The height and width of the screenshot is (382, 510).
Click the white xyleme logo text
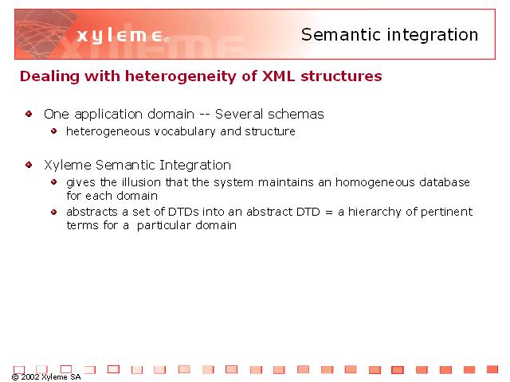120,35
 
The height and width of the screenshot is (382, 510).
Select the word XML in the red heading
278,76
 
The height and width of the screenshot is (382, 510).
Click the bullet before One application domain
29,114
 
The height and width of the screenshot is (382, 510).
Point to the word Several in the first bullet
239,114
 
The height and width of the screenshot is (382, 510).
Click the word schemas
296,114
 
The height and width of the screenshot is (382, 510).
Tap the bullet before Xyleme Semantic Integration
29,165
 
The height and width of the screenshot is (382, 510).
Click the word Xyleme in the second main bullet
68,165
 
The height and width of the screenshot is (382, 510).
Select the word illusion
142,182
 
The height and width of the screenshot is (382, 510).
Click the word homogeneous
375,182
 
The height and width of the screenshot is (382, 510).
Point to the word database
445,182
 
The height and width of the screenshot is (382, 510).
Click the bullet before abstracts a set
54,212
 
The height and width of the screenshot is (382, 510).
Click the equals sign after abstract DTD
329,212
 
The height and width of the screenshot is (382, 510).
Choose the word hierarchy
375,212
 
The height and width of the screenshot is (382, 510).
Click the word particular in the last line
164,225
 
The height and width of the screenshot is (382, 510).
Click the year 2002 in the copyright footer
30,376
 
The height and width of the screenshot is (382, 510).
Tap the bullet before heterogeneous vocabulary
54,131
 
